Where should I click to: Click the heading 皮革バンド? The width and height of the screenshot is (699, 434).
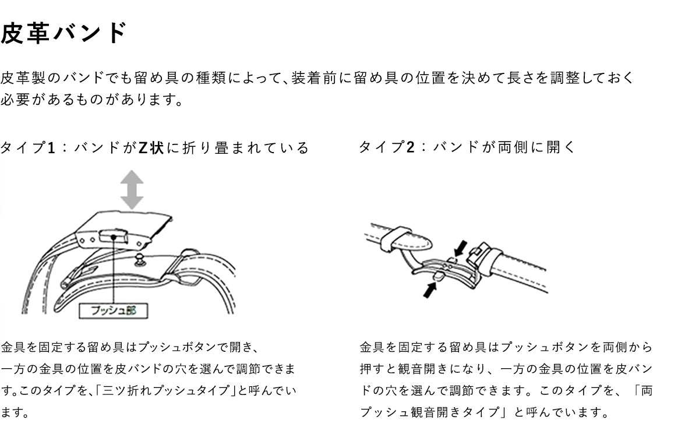point(63,33)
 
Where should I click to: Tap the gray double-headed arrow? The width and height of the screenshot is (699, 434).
point(132,190)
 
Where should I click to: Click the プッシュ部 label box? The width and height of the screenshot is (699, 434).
point(113,310)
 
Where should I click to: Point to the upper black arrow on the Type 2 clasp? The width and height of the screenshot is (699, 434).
point(461,249)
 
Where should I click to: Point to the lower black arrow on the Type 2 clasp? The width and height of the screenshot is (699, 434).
point(430,290)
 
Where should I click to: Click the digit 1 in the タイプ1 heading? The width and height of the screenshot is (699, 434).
point(51,147)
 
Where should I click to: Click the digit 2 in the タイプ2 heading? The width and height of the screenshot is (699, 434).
point(410,147)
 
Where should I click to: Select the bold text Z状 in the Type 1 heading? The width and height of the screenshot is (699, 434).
point(151,147)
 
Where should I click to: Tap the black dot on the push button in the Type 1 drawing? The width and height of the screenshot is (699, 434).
point(114,238)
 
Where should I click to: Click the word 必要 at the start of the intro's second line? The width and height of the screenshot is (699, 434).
point(15,100)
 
